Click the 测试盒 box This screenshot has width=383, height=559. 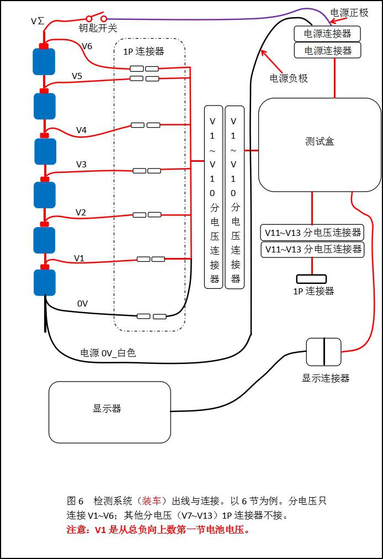click(x=320, y=145)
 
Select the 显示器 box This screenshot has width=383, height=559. click(x=110, y=412)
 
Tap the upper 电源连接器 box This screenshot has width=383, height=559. click(x=327, y=34)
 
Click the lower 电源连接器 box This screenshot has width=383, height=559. click(x=327, y=50)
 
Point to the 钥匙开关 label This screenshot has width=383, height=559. click(x=98, y=28)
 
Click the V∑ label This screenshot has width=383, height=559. click(x=38, y=21)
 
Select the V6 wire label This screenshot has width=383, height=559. click(x=87, y=46)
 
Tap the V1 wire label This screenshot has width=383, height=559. click(x=79, y=258)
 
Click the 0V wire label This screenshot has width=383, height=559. click(x=83, y=303)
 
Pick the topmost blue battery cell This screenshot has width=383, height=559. click(x=44, y=61)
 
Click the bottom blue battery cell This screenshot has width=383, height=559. click(x=45, y=282)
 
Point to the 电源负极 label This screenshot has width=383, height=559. click(x=289, y=78)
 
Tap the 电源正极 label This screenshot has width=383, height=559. click(x=349, y=13)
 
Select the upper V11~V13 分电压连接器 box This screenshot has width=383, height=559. click(x=312, y=233)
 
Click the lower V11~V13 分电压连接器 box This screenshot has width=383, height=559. click(x=312, y=249)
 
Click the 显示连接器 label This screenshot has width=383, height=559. click(x=326, y=378)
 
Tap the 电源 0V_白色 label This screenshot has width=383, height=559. click(x=108, y=353)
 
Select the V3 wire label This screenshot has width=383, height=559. click(x=81, y=164)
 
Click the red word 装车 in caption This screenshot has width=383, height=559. click(x=151, y=501)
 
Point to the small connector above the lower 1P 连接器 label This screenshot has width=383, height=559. click(x=311, y=279)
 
